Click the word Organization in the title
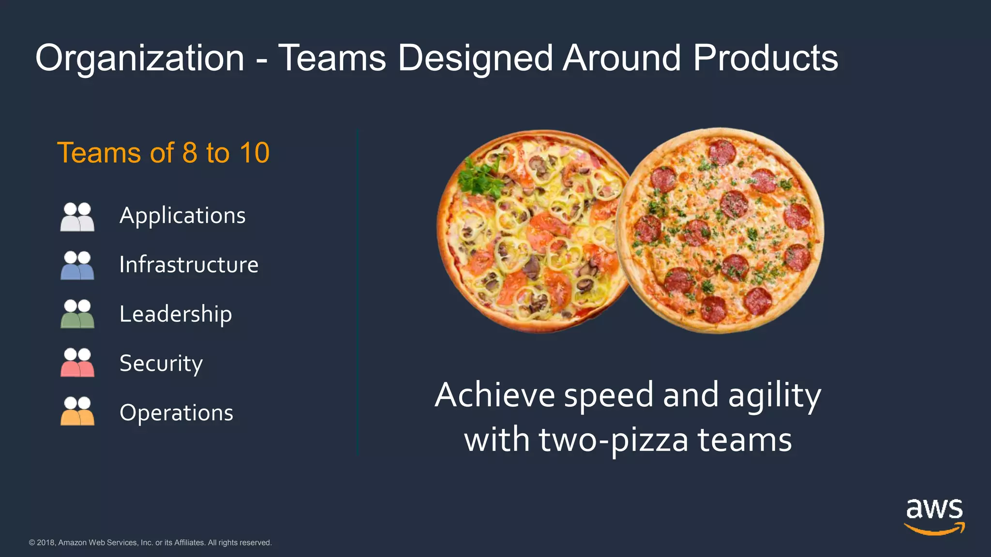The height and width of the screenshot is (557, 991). coord(140,58)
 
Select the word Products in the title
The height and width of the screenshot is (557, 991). coord(765,58)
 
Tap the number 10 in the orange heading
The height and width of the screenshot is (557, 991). coord(254,153)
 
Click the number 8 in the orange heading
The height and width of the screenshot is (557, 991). coord(190,153)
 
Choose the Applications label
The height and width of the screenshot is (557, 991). coord(182,216)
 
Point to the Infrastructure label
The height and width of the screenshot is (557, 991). coord(189,265)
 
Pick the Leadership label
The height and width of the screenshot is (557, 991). coord(176,314)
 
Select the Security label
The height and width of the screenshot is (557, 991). coord(161,364)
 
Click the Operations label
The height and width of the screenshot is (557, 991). coord(176,413)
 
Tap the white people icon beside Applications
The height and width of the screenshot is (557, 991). coord(77,217)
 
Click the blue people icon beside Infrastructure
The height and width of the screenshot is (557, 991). coord(77,265)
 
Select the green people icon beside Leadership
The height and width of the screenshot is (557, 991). coord(77,314)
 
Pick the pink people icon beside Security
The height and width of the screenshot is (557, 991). coord(77,363)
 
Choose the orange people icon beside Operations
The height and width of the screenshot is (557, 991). coord(77,411)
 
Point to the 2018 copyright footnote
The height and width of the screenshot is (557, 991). coord(150,542)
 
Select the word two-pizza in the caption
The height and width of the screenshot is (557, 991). coord(613,440)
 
